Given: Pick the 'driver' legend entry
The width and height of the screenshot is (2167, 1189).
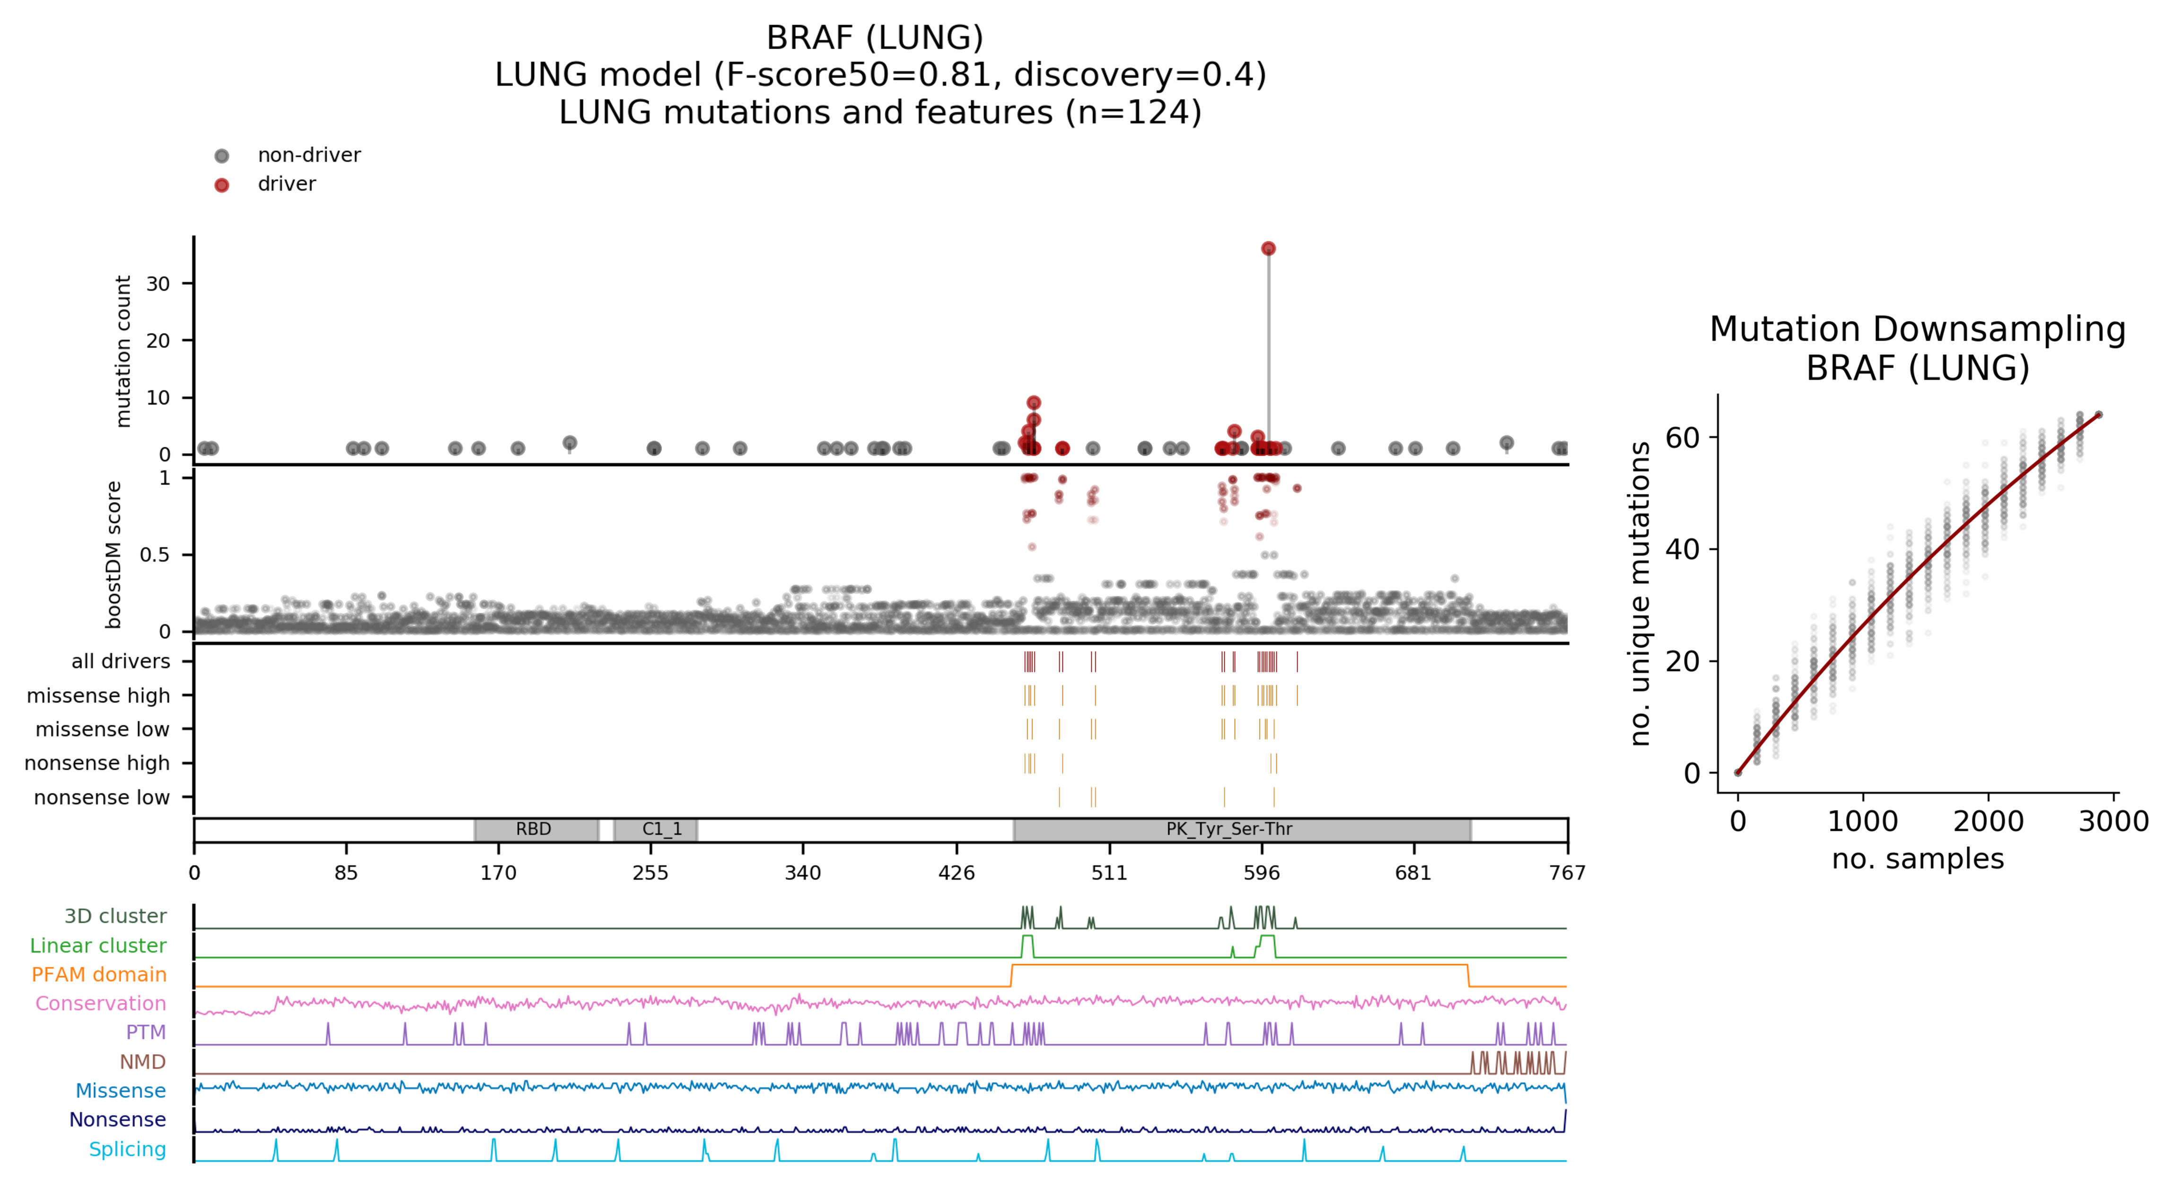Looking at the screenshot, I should [286, 184].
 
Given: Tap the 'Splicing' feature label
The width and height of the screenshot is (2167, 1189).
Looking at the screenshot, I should [127, 1149].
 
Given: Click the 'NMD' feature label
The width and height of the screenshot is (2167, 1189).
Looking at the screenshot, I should [142, 1062].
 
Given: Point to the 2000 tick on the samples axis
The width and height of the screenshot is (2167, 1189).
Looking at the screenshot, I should [1988, 821].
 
